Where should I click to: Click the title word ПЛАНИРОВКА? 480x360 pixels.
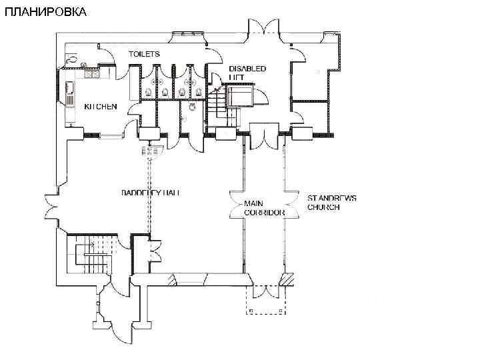click(44, 12)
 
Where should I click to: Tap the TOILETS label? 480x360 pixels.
click(144, 53)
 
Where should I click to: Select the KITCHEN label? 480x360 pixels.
click(101, 106)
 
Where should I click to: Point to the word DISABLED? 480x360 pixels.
click(247, 69)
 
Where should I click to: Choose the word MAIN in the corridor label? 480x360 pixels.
click(253, 203)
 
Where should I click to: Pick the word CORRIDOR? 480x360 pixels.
click(265, 212)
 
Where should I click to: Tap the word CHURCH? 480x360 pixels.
click(323, 207)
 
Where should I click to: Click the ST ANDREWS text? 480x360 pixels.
click(332, 198)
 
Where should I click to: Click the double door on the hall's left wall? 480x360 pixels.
click(51, 205)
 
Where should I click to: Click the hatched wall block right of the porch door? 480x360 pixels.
click(288, 279)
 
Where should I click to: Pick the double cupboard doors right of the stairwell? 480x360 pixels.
click(156, 253)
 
